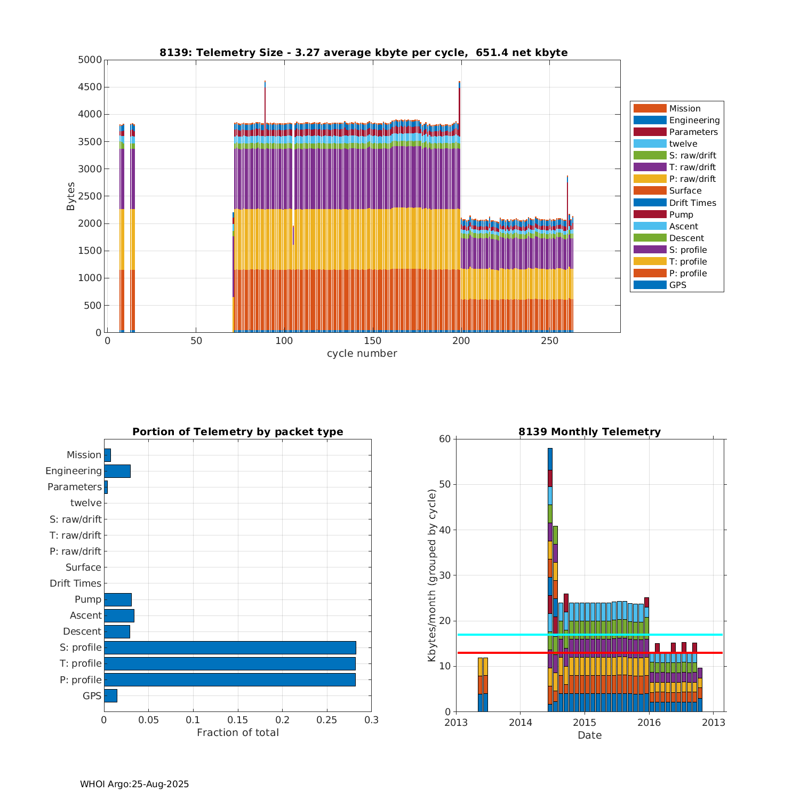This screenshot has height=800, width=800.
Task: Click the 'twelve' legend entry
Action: click(683, 144)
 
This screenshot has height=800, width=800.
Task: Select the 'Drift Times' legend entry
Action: click(692, 203)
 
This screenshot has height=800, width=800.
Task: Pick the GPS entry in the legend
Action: click(677, 285)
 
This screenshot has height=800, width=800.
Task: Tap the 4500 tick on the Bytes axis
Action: click(90, 87)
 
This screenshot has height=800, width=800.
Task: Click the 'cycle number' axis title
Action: click(362, 354)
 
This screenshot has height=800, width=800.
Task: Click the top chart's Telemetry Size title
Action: click(363, 52)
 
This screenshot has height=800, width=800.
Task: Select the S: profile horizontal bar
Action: click(229, 647)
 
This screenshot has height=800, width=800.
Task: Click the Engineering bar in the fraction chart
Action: click(117, 471)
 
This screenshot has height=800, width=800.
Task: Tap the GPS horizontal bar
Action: click(110, 695)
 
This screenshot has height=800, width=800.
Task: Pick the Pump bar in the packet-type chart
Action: click(117, 599)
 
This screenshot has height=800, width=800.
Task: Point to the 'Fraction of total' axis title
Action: click(237, 733)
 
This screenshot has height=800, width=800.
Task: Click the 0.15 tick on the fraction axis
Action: click(238, 720)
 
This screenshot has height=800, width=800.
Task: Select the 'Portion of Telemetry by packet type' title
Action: click(237, 432)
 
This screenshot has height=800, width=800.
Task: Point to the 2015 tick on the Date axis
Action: click(585, 723)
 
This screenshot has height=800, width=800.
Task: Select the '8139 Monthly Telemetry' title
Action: click(589, 432)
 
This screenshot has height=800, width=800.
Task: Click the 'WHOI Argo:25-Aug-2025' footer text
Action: click(134, 784)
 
